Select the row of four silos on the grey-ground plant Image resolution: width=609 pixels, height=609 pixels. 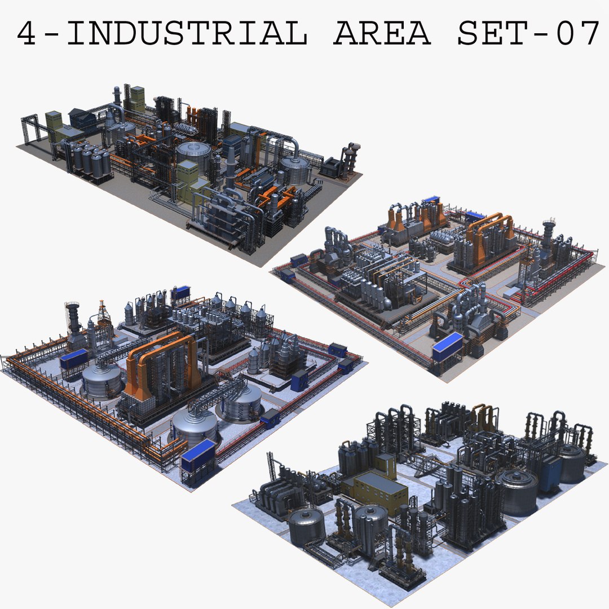tap(90, 161)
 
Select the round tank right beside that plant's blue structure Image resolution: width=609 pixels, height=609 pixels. tap(571, 462)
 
